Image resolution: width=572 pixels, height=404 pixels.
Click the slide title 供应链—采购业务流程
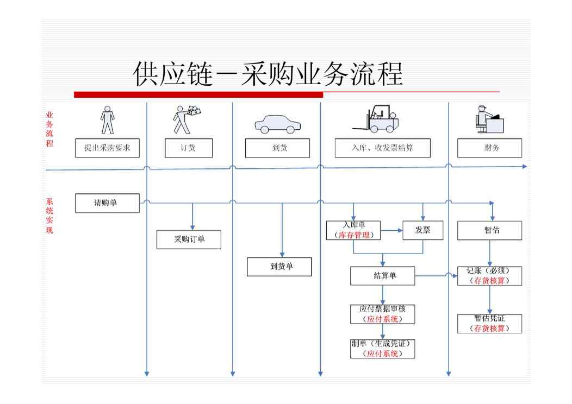[x=268, y=74]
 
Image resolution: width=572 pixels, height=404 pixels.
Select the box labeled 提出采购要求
[x=107, y=148]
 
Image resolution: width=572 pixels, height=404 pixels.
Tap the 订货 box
[x=188, y=148]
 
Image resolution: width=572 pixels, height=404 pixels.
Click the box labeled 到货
[x=277, y=148]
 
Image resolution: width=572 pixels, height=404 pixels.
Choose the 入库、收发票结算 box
[x=382, y=148]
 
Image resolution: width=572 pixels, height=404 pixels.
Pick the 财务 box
[x=489, y=148]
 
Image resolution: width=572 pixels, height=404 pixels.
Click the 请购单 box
[x=107, y=203]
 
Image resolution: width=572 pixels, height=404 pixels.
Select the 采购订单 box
[x=189, y=239]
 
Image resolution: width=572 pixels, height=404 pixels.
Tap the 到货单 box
[x=279, y=267]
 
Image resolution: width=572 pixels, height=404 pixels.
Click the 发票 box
[x=422, y=230]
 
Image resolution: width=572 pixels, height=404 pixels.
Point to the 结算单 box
[x=382, y=276]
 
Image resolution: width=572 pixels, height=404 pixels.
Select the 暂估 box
[x=489, y=230]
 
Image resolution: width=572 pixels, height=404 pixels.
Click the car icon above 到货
[x=277, y=124]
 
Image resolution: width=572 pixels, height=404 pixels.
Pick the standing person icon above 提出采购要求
[x=107, y=119]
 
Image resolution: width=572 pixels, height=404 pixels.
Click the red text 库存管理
[x=353, y=236]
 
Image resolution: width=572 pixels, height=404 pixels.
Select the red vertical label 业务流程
[x=49, y=129]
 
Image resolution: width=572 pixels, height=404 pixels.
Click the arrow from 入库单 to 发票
[x=391, y=230]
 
